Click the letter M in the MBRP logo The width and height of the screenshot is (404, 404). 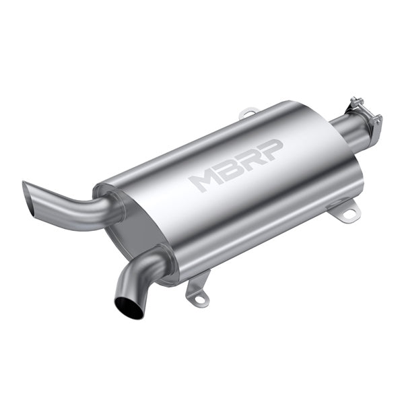[x=204, y=179]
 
